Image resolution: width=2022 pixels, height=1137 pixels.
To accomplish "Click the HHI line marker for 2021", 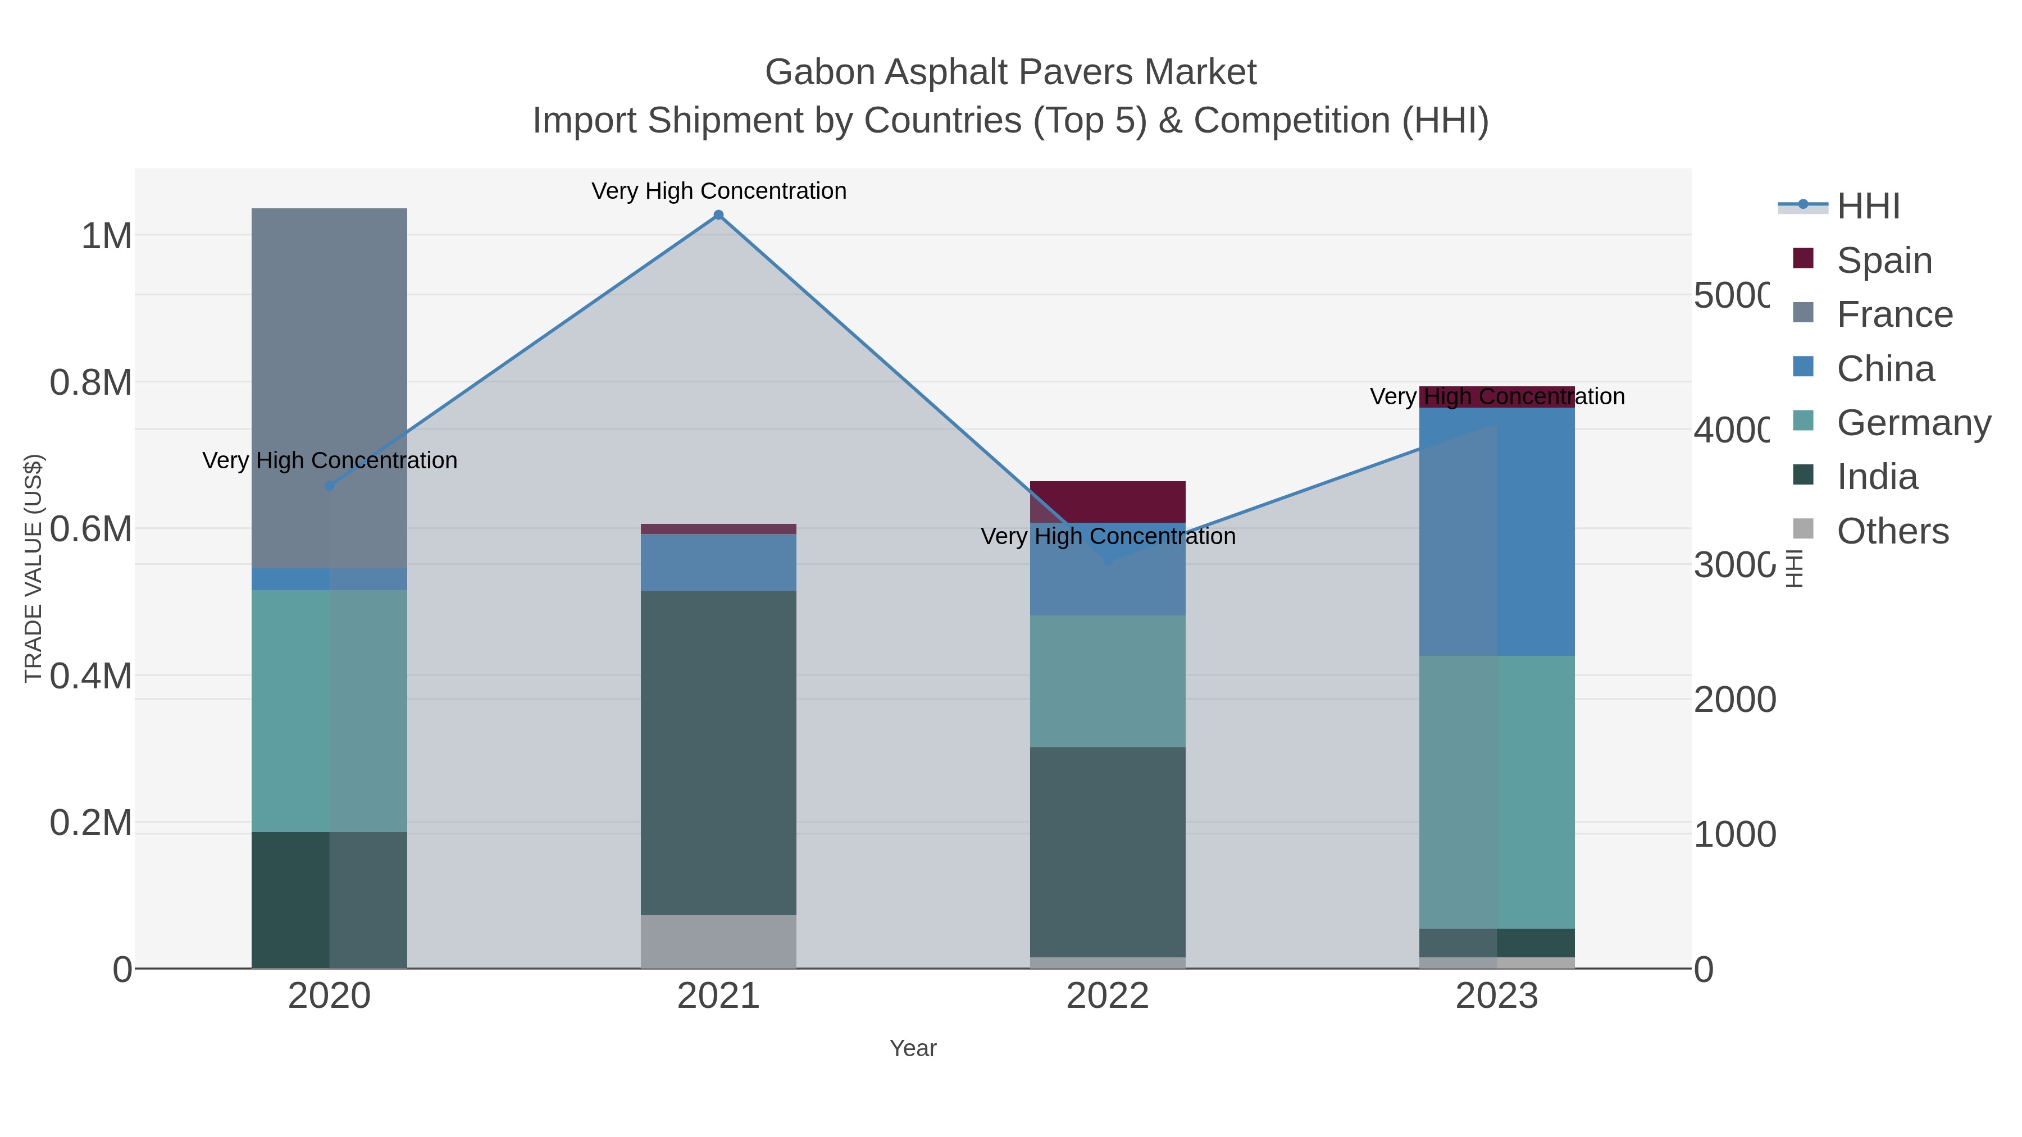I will tap(718, 215).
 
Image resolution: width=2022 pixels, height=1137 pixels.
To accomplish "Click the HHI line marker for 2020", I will tap(330, 486).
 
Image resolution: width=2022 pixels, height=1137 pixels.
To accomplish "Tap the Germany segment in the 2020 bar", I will tap(329, 710).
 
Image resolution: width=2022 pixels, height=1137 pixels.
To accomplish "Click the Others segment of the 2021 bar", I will tap(718, 941).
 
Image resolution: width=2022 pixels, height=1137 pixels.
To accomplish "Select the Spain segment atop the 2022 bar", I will tap(1108, 501).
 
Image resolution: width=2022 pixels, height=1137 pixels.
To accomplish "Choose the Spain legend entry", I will tap(1884, 261).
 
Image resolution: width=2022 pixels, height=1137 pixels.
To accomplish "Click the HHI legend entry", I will tap(1868, 207).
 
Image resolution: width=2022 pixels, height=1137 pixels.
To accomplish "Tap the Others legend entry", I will tap(1892, 531).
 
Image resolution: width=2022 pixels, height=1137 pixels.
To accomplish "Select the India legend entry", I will tap(1877, 477).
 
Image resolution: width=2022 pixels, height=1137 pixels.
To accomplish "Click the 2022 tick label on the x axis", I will tap(1108, 997).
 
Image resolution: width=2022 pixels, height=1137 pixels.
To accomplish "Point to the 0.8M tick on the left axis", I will tap(91, 383).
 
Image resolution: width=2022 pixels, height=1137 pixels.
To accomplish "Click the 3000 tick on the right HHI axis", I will tap(1732, 565).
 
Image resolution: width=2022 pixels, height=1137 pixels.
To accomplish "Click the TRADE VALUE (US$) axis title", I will tap(33, 568).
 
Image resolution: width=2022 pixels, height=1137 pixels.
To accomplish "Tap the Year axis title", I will tap(913, 1048).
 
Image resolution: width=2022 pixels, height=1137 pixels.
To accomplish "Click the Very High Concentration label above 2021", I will tap(718, 191).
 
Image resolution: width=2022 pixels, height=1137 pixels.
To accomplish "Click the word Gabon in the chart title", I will tap(819, 72).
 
